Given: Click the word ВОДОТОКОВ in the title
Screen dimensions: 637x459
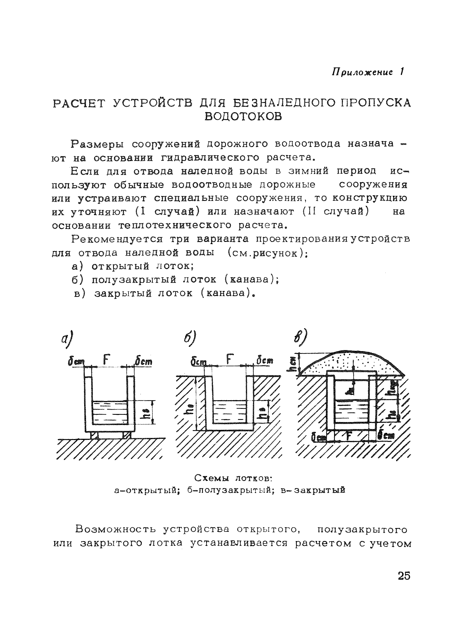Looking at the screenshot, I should tap(243, 116).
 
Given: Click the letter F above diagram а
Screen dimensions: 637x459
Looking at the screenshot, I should tap(106, 360).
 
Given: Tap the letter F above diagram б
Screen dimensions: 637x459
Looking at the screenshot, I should tap(229, 360).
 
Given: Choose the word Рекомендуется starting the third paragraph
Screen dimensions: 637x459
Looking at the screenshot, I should tap(117, 239).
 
